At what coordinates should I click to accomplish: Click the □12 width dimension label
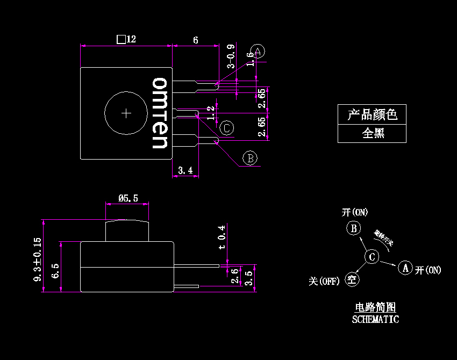pyautogui.click(x=126, y=39)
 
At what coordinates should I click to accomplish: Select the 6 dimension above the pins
pyautogui.click(x=195, y=40)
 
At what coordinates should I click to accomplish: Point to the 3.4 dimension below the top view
pyautogui.click(x=185, y=171)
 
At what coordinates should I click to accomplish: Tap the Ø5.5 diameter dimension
pyautogui.click(x=128, y=198)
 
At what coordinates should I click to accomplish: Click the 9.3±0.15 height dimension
pyautogui.click(x=37, y=259)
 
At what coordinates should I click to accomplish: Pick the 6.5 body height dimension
pyautogui.click(x=55, y=267)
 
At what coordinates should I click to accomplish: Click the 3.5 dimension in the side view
pyautogui.click(x=248, y=277)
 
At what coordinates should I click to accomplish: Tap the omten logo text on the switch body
pyautogui.click(x=160, y=113)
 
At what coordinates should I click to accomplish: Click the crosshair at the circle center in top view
pyautogui.click(x=126, y=113)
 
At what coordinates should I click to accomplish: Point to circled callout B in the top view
pyautogui.click(x=250, y=158)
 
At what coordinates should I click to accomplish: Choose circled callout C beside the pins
pyautogui.click(x=227, y=128)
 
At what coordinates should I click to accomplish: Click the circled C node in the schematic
pyautogui.click(x=372, y=257)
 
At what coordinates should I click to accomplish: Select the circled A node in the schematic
pyautogui.click(x=405, y=267)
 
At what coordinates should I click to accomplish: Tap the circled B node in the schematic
pyautogui.click(x=353, y=228)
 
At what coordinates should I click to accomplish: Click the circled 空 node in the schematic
pyautogui.click(x=352, y=279)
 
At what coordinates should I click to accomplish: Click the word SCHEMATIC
pyautogui.click(x=375, y=320)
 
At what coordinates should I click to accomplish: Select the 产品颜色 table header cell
pyautogui.click(x=372, y=114)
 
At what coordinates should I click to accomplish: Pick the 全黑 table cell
pyautogui.click(x=372, y=133)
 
